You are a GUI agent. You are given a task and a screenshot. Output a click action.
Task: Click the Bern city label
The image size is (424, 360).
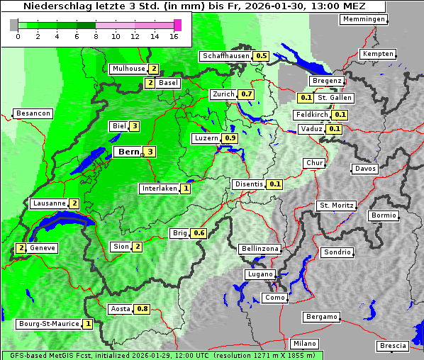(128, 152)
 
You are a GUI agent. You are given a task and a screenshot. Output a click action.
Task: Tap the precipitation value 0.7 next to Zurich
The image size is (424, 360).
(247, 94)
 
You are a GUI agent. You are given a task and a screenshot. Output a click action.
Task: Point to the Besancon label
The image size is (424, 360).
(33, 113)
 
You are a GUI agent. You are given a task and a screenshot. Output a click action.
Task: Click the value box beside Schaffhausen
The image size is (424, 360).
(261, 56)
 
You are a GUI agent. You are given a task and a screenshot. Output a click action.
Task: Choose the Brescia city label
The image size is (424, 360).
(393, 346)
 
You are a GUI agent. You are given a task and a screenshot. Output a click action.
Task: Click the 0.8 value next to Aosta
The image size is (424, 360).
(143, 309)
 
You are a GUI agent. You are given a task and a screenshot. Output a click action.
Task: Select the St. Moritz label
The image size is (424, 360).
(336, 206)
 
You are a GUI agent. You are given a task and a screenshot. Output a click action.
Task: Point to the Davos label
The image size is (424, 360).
(365, 169)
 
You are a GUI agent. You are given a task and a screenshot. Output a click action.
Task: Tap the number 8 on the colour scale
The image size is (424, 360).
(96, 35)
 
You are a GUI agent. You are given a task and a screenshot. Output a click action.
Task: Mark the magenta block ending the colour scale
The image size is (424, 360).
(177, 25)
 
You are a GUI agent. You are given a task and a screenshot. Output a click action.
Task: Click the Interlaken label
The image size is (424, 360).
(159, 189)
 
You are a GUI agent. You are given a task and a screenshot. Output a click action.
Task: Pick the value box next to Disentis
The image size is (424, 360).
(275, 184)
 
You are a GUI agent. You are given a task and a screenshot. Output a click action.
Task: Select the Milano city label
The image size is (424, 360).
(305, 344)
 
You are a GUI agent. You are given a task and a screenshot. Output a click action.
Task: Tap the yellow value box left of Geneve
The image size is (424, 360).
(21, 248)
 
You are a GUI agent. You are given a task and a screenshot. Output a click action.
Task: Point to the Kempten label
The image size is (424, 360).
(376, 55)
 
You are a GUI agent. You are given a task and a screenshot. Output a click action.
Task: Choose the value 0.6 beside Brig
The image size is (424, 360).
(199, 233)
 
